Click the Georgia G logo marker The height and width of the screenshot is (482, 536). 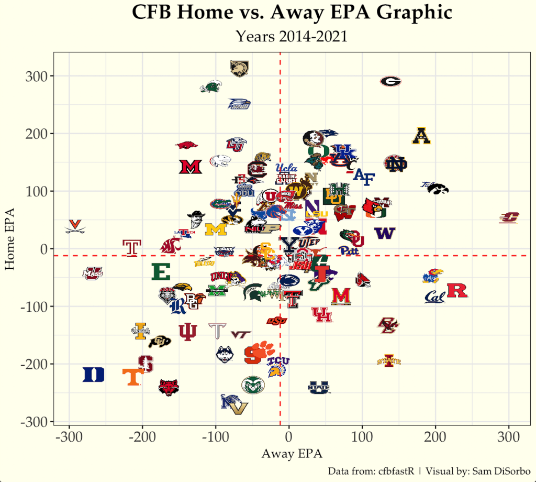[x=390, y=81]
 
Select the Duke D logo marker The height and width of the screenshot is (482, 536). [x=94, y=375]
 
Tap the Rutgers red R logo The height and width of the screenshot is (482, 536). [x=456, y=291]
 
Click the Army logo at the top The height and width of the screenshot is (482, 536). [x=240, y=68]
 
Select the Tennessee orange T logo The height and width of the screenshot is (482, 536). [x=133, y=377]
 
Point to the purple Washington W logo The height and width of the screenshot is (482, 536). [x=385, y=233]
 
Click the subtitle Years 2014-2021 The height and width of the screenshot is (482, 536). [x=292, y=36]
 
